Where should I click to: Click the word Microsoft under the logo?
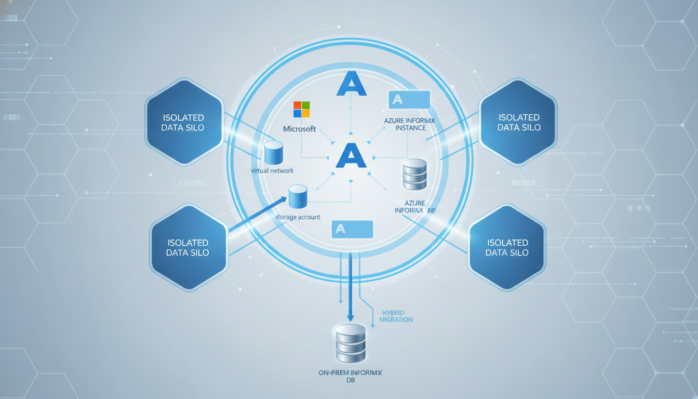pos(299,129)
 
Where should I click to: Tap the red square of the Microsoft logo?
pos(298,105)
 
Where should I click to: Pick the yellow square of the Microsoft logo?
pos(305,113)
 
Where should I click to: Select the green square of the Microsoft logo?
pos(305,105)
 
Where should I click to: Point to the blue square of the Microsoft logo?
pos(298,113)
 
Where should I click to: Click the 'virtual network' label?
pos(272,170)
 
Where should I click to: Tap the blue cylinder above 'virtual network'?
pos(273,152)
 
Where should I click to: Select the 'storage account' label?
pos(298,217)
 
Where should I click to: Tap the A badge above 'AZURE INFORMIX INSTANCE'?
pos(409,99)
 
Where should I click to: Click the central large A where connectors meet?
pos(351,155)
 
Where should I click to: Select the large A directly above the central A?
pos(352,84)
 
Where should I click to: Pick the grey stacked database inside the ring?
pos(414,174)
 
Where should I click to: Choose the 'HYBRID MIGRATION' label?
pos(396,316)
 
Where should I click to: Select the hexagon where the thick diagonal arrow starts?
pos(188,246)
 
